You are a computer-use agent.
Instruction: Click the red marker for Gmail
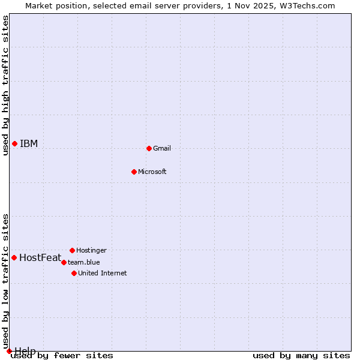point(149,148)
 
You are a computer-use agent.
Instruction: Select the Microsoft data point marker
point(134,172)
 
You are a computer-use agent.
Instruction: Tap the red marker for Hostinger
point(72,250)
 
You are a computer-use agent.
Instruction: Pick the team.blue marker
point(64,262)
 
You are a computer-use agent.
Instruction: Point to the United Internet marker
point(74,273)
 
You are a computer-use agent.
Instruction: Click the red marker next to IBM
point(14,143)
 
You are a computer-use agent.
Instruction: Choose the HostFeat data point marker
point(14,257)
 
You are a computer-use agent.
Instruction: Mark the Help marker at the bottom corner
point(9,351)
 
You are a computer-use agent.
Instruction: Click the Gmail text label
point(162,148)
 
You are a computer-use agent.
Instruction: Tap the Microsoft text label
point(152,172)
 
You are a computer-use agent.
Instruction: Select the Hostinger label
point(91,250)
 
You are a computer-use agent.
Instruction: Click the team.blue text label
point(83,262)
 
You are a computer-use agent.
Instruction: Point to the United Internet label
point(102,273)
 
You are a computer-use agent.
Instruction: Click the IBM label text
point(29,143)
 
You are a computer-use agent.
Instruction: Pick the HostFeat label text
point(40,258)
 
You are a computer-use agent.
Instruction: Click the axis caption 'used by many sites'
point(301,355)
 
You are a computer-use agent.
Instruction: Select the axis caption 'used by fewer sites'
point(62,355)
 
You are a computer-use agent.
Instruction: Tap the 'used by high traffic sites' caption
point(5,85)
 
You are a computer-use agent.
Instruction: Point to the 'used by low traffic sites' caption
point(5,281)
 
